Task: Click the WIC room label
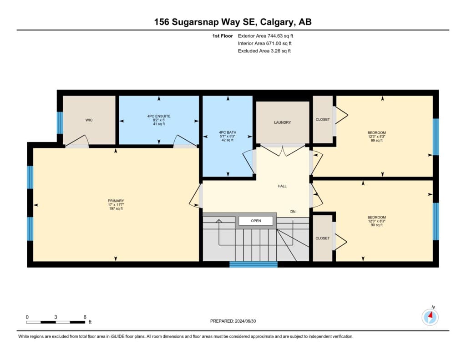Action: pyautogui.click(x=89, y=120)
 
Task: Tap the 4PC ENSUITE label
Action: pyautogui.click(x=159, y=116)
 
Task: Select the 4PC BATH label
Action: pyautogui.click(x=228, y=132)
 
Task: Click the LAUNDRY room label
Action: pyautogui.click(x=282, y=122)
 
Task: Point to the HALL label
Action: pyautogui.click(x=282, y=186)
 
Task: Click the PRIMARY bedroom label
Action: pyautogui.click(x=116, y=201)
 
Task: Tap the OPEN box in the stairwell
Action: pyautogui.click(x=256, y=221)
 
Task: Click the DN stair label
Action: pyautogui.click(x=293, y=212)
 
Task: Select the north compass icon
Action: pyautogui.click(x=430, y=317)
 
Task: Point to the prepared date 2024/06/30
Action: pyautogui.click(x=245, y=321)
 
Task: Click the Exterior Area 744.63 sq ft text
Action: pyautogui.click(x=265, y=36)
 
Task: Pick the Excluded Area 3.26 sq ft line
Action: pyautogui.click(x=264, y=51)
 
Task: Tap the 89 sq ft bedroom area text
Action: pyautogui.click(x=376, y=140)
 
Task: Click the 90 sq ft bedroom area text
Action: pyautogui.click(x=376, y=225)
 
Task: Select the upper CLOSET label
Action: pyautogui.click(x=323, y=120)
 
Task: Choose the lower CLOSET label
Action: pyautogui.click(x=323, y=238)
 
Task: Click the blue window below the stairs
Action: pyautogui.click(x=253, y=264)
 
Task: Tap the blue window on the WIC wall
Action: pyautogui.click(x=60, y=123)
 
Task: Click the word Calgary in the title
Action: pyautogui.click(x=276, y=22)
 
